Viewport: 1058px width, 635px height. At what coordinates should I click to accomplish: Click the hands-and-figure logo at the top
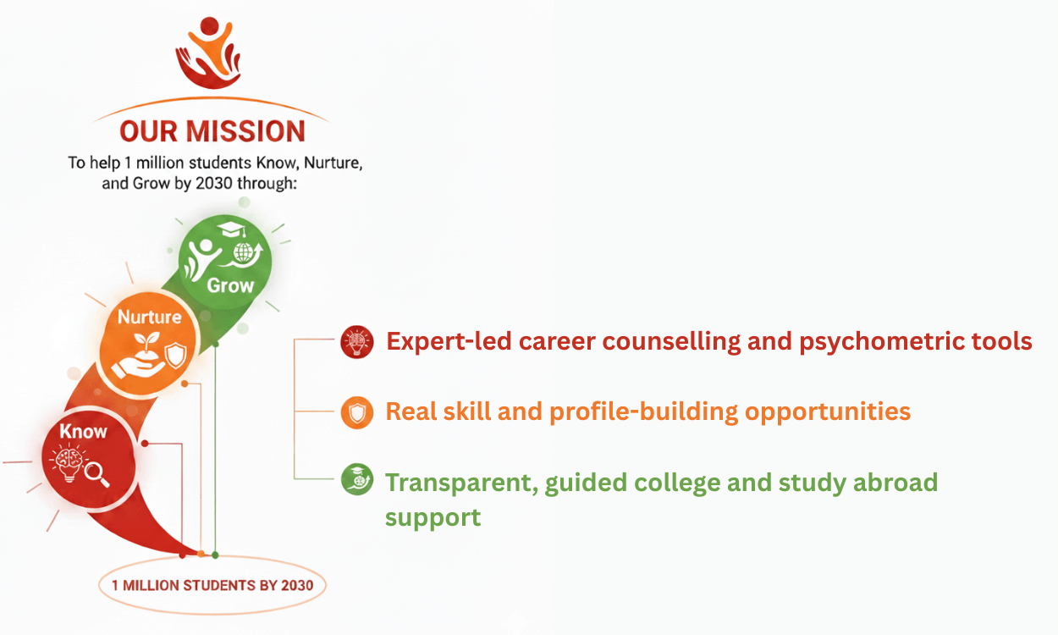(208, 52)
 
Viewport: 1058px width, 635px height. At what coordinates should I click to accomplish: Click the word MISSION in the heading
(245, 131)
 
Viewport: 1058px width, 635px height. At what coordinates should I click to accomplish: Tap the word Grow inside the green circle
(230, 285)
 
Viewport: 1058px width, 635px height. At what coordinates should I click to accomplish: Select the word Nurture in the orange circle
(149, 317)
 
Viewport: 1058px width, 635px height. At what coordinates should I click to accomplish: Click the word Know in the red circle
(83, 431)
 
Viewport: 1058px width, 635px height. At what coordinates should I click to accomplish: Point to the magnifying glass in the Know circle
(97, 474)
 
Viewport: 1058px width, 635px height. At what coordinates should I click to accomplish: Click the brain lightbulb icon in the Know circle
(69, 463)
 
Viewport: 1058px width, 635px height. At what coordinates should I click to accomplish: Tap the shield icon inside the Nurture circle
(176, 356)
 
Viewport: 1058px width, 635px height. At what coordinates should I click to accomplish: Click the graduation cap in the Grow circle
(232, 229)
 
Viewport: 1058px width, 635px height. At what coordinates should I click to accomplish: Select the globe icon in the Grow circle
(243, 253)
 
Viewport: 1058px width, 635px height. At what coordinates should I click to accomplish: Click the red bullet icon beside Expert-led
(357, 341)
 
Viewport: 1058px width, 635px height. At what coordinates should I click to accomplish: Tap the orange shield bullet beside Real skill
(357, 412)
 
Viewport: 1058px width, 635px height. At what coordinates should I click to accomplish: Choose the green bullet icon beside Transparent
(357, 479)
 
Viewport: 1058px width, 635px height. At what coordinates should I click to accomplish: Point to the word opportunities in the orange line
(828, 412)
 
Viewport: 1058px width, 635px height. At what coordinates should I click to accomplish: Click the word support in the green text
(433, 518)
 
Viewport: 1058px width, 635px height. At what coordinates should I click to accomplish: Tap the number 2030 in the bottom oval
(297, 585)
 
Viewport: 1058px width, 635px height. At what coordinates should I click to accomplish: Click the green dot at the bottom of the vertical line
(215, 555)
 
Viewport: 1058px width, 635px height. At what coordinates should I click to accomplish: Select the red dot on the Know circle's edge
(145, 443)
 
